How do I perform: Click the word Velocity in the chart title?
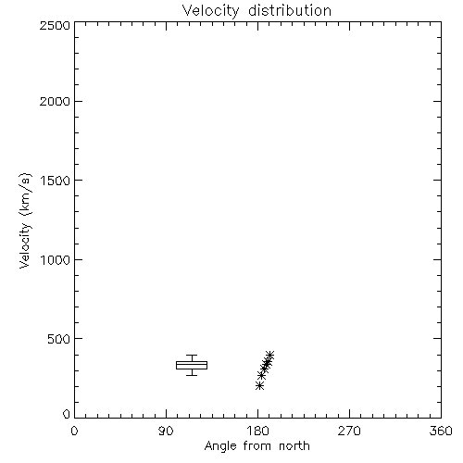pos(211,11)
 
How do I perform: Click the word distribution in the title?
pos(290,10)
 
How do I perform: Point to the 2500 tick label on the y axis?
pos(55,25)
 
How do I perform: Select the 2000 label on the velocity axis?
pos(55,102)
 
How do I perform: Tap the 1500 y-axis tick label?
pos(56,181)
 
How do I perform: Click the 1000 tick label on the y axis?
pos(56,260)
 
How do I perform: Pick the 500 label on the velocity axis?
pos(59,339)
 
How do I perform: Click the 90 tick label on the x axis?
pos(166,431)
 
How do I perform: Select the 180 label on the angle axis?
pos(257,431)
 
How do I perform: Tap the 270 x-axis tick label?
pos(349,431)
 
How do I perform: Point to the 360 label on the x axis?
pos(441,431)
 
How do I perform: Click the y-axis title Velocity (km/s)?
pos(25,220)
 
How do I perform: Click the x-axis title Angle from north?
pos(257,446)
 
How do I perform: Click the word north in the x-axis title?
pos(294,445)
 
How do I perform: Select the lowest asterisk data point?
pos(260,385)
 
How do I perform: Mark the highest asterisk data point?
pos(269,355)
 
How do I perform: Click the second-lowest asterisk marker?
pos(262,376)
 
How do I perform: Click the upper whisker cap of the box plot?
pos(192,356)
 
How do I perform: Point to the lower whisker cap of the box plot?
pos(192,375)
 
